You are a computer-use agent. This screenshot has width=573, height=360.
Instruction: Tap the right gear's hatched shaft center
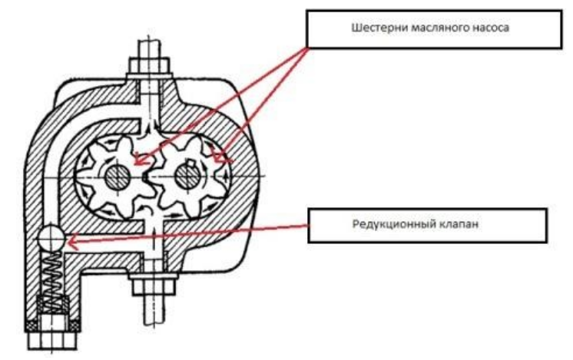(x=187, y=176)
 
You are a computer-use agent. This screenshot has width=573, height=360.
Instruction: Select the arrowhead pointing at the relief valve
(x=71, y=243)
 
